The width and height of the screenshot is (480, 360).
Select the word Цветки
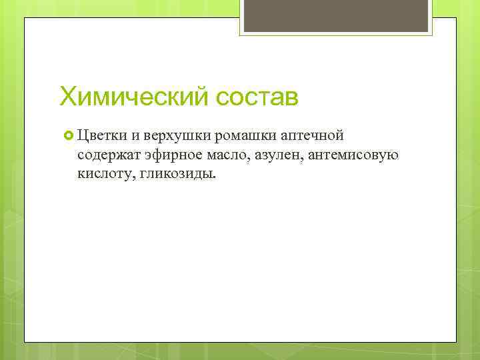101,137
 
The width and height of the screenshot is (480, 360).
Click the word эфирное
167,155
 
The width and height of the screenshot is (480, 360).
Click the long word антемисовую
353,155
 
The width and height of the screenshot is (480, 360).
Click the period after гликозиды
215,178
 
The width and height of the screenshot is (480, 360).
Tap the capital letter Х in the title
68,97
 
